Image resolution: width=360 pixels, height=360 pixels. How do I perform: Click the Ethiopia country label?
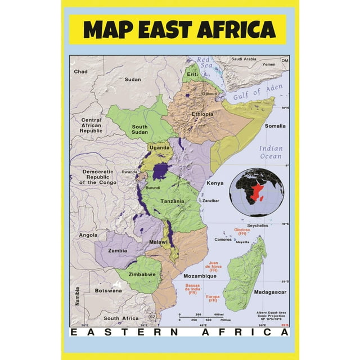tap(203, 114)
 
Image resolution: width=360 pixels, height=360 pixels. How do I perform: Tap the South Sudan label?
tap(140, 130)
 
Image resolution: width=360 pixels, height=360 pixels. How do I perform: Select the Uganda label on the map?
tap(159, 147)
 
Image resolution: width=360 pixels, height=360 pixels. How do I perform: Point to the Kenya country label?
tap(214, 183)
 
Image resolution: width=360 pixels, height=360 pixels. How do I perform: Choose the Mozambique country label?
tap(200, 277)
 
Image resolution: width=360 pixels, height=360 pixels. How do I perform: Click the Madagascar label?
tap(270, 292)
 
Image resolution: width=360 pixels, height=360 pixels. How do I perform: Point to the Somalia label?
tap(275, 126)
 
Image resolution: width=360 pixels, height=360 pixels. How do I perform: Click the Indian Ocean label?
tap(271, 152)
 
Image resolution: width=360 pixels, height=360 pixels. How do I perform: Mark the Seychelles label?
tap(258, 226)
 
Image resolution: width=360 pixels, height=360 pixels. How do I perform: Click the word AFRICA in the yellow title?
tap(235, 29)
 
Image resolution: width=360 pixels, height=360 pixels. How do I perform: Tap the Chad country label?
tap(81, 72)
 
